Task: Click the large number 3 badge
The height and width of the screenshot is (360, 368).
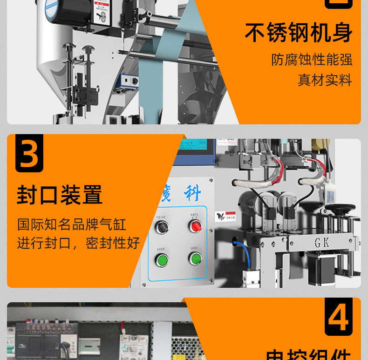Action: pos(29,153)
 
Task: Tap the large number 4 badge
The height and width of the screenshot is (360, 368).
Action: pos(339,317)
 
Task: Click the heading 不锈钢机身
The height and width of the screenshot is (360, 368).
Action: pos(299,33)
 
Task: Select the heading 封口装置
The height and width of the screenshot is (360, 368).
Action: pos(60,195)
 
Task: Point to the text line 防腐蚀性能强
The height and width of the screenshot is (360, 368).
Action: pos(312,60)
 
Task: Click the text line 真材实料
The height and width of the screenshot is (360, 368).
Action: pos(325,80)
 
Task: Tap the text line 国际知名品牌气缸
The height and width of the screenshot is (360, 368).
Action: pos(71,224)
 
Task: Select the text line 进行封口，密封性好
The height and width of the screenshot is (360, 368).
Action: pos(78,243)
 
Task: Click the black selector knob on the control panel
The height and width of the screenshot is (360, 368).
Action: pos(162,227)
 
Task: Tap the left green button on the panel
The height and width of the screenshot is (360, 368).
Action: pos(162,259)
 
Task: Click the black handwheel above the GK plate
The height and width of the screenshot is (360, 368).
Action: pos(340,210)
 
